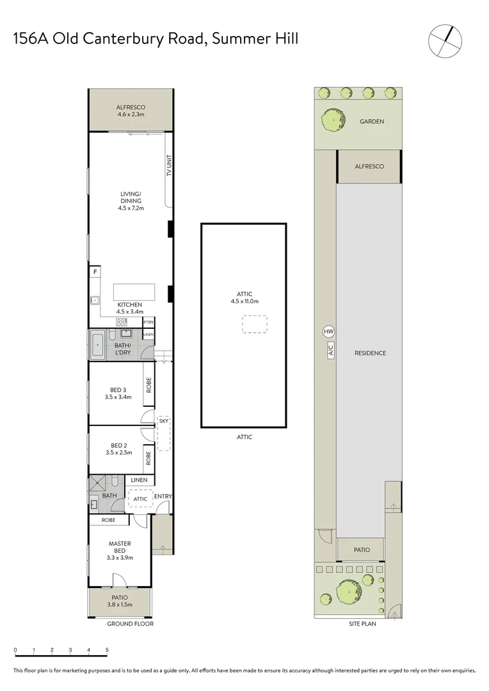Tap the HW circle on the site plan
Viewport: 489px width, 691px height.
[328, 331]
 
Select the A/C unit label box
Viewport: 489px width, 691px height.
[331, 350]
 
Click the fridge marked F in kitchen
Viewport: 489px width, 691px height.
[95, 272]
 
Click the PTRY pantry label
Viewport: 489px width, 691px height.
[148, 322]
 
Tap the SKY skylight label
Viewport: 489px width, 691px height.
[163, 421]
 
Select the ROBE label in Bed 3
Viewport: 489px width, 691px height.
[148, 386]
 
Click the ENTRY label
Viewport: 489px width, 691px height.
[163, 496]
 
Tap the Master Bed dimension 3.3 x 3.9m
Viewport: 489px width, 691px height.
[119, 558]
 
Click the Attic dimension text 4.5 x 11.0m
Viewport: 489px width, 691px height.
[244, 301]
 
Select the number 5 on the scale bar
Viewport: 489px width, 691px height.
[107, 650]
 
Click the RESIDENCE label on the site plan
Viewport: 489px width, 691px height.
[371, 353]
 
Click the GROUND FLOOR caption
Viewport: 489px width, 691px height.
[130, 623]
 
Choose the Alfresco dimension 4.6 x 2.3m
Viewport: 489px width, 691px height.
[131, 115]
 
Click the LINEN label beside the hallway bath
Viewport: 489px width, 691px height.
[140, 480]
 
